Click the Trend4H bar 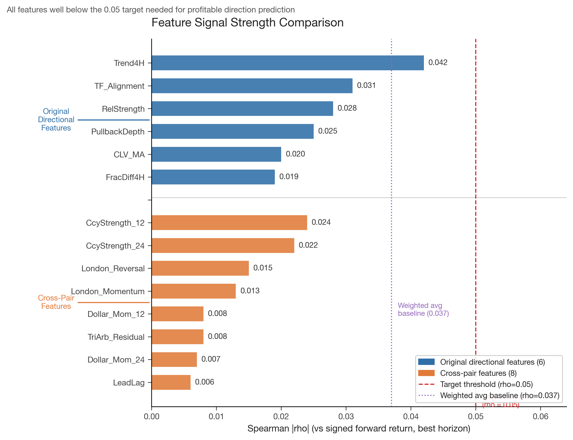287,63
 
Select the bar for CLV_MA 216,154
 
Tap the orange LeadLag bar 171,382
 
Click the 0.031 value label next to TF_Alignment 366,85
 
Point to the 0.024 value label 321,222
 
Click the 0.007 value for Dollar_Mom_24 211,359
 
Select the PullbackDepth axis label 118,131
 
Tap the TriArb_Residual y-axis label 116,337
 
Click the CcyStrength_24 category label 115,246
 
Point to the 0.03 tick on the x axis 346,416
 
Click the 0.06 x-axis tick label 540,416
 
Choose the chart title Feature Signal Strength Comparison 247,22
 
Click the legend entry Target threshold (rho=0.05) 486,384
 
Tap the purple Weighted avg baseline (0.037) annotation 423,309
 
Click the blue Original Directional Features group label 56,119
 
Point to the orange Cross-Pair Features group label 56,302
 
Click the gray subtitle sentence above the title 151,10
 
